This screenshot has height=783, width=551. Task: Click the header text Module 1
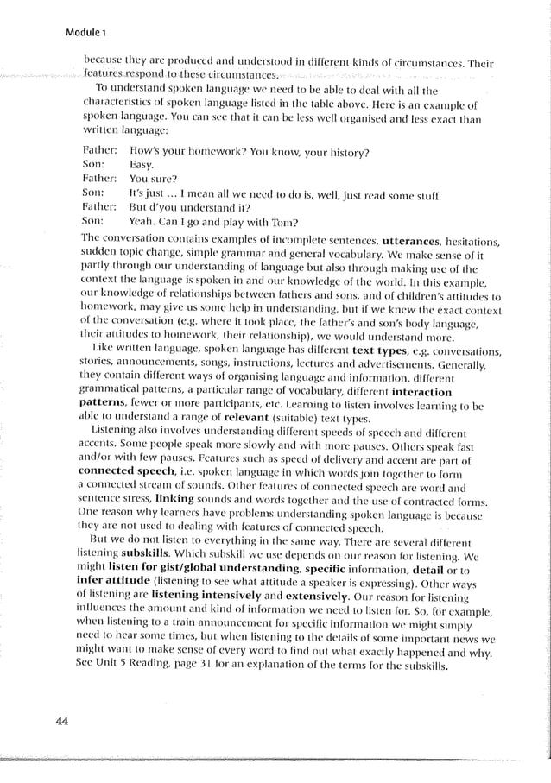[x=85, y=33]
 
